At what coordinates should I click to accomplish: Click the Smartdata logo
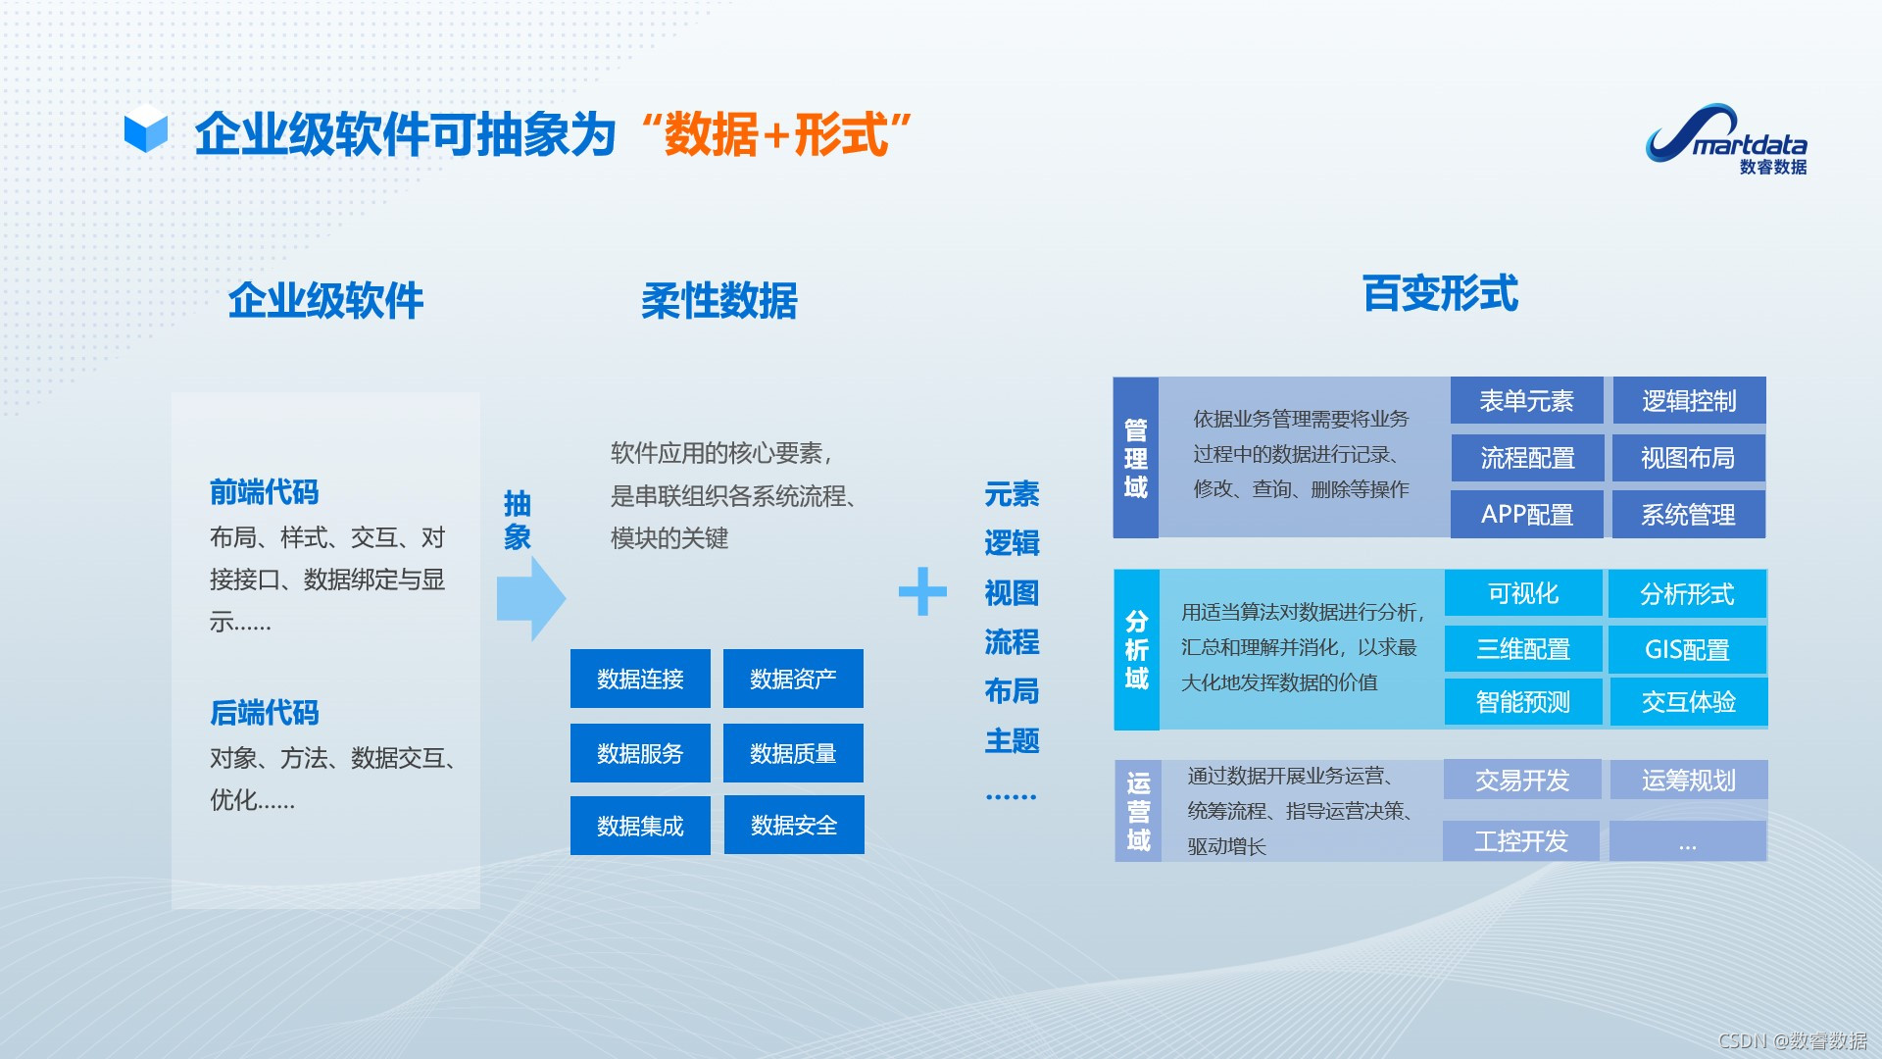(1727, 140)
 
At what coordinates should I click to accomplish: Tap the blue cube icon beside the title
(146, 129)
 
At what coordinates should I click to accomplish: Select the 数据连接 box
(640, 679)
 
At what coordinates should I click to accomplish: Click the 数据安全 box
(794, 826)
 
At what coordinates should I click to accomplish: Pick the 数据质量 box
(793, 753)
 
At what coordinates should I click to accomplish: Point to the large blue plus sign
(922, 591)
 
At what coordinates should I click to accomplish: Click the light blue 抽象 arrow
(530, 598)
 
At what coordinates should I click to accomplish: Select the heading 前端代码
(265, 492)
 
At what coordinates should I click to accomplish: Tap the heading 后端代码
(265, 713)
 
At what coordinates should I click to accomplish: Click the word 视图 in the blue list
(1012, 593)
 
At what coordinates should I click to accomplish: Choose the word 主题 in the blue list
(1012, 741)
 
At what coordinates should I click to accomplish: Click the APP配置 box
(1526, 515)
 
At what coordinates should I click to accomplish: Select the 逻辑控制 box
(1688, 401)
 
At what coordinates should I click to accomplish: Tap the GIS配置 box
(1687, 649)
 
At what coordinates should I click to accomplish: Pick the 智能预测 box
(1522, 702)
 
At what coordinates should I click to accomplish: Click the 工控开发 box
(1520, 841)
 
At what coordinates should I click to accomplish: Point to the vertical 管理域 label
(1136, 458)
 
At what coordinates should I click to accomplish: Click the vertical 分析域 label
(1137, 649)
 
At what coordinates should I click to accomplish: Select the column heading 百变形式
(1440, 294)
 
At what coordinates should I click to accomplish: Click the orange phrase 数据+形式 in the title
(776, 134)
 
